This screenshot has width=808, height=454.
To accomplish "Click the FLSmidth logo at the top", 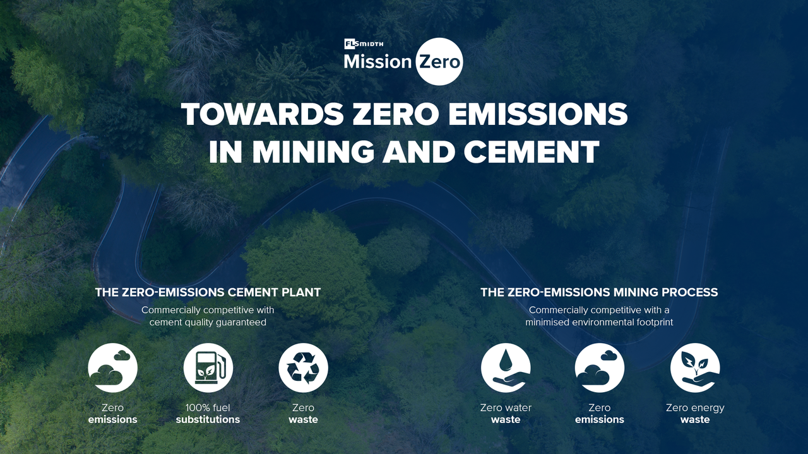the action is pos(364,44).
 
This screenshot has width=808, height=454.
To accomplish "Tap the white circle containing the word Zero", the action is pos(439,62).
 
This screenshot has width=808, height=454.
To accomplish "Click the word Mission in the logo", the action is pos(377,62).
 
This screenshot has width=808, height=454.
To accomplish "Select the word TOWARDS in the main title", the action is pos(263,114).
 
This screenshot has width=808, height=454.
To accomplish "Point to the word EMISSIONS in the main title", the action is pos(537,114).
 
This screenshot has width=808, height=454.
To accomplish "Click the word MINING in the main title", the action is pos(312,152).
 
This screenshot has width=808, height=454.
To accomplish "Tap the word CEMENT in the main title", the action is pos(532,152).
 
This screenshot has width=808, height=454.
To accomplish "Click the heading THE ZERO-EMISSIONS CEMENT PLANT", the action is pos(208,292).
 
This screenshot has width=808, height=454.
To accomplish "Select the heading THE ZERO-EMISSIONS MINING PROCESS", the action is pos(599,292).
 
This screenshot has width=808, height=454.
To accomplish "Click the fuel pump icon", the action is pos(208,368).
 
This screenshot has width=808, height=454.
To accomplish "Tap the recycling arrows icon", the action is pos(304,368).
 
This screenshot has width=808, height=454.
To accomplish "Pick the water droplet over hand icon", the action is pos(506,368).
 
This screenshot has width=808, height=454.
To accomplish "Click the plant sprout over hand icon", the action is pos(695,368).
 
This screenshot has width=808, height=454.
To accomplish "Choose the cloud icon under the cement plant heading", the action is pos(112,368).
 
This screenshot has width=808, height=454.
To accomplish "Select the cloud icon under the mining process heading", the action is pos(600,368).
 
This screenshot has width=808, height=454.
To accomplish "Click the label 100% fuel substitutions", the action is pos(208,414).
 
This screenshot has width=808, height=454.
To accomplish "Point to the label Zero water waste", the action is pos(506,414).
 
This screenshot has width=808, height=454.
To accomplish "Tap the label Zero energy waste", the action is pos(695,414).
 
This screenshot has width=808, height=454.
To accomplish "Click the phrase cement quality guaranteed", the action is pos(208,322).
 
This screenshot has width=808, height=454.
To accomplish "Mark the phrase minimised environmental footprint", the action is pos(599,322).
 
